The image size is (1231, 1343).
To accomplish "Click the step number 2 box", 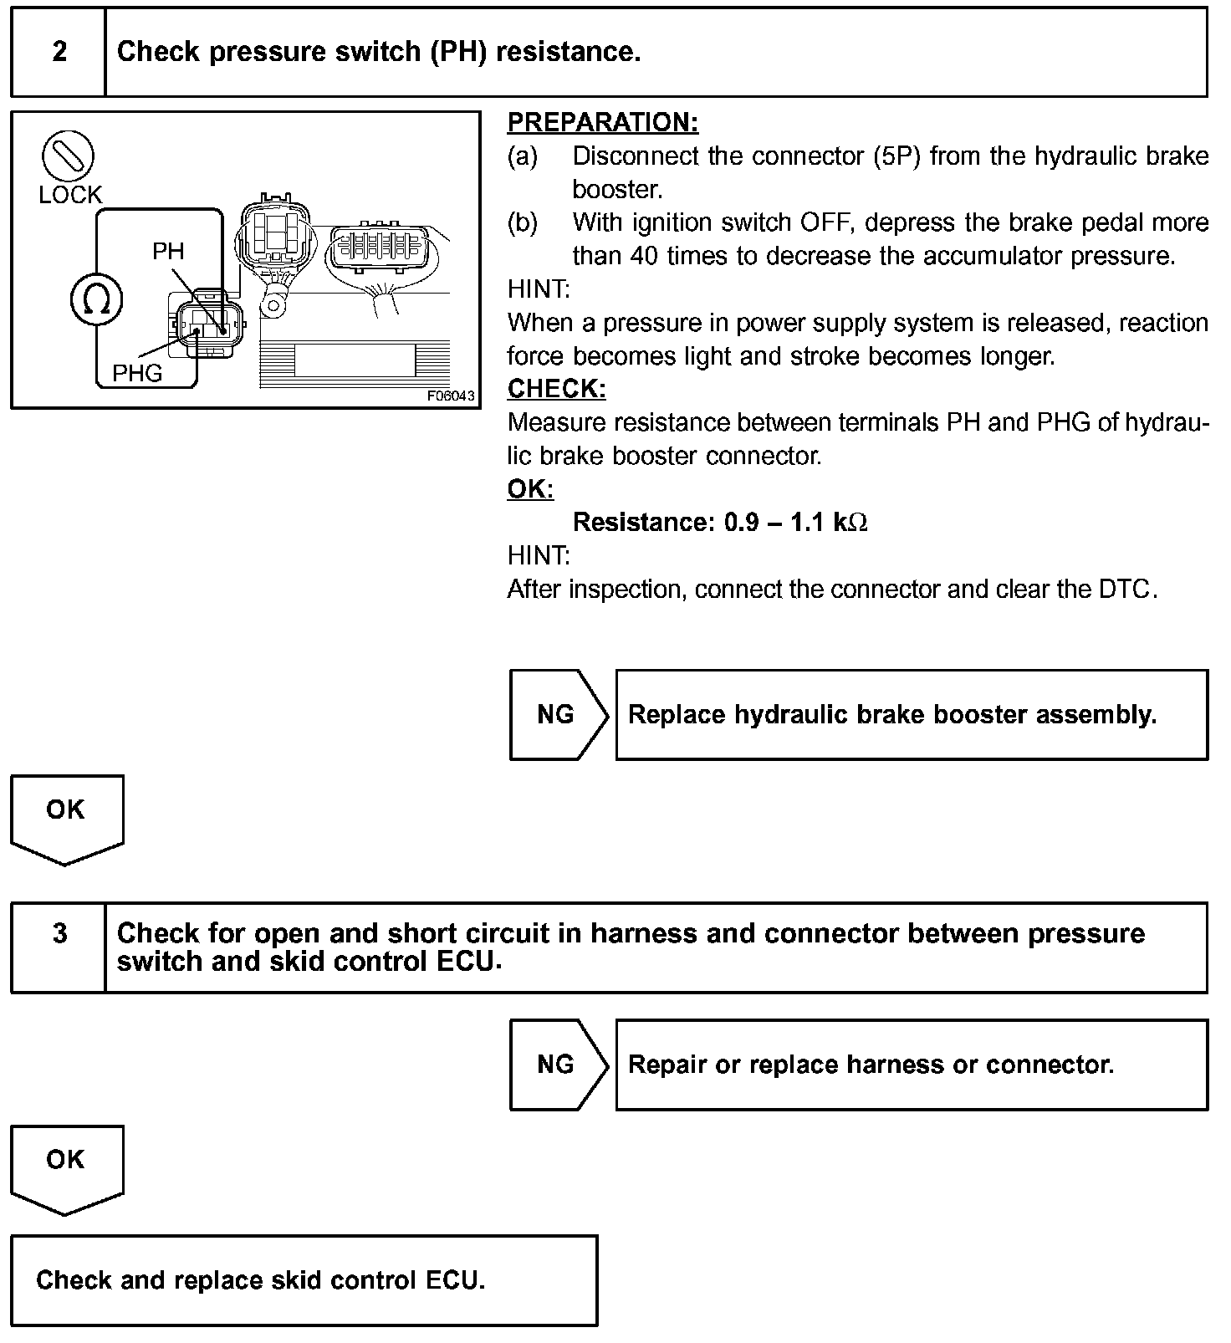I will pyautogui.click(x=59, y=52).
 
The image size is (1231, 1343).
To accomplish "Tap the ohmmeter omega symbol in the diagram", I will pyautogui.click(x=97, y=301).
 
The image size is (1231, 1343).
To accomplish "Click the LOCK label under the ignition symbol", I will pyautogui.click(x=70, y=195).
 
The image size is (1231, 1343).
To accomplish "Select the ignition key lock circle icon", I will pyautogui.click(x=68, y=156).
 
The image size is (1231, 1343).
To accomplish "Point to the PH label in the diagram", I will pyautogui.click(x=168, y=251).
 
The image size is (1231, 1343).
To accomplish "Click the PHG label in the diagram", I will pyautogui.click(x=137, y=373).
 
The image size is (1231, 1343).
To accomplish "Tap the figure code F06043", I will pyautogui.click(x=450, y=396).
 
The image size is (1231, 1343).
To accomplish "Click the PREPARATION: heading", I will pyautogui.click(x=602, y=123).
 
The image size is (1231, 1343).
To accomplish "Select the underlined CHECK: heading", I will pyautogui.click(x=556, y=389).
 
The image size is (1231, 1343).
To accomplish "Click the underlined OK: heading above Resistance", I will pyautogui.click(x=530, y=489).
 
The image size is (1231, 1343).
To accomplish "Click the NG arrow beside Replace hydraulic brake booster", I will pyautogui.click(x=557, y=714).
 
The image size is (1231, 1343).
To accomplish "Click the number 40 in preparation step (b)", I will pyautogui.click(x=644, y=256).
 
